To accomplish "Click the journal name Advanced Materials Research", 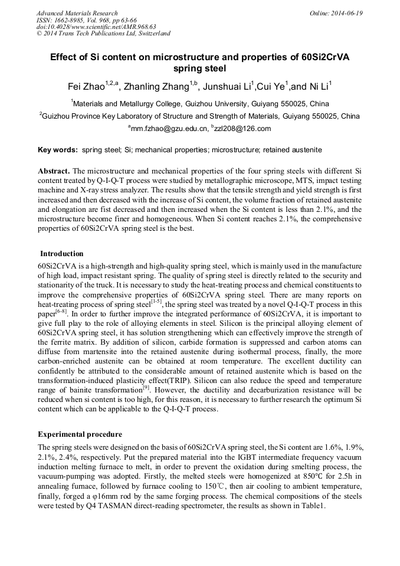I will (77, 13).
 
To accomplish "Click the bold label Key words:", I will (57, 151).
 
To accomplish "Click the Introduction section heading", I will (63, 253).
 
